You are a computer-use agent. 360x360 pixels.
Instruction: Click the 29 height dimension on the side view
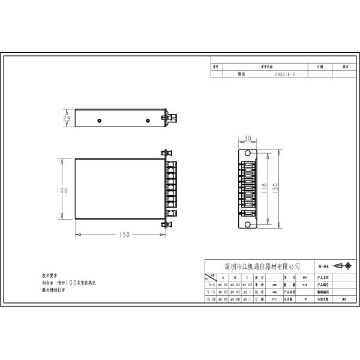pyautogui.click(x=67, y=119)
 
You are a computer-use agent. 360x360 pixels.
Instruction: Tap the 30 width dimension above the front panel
pyautogui.click(x=248, y=139)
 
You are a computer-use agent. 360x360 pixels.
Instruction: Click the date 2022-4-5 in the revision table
pyautogui.click(x=284, y=76)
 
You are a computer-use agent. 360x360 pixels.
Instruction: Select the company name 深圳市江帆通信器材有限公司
pyautogui.click(x=262, y=266)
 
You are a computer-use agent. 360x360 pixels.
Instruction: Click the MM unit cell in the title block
pyautogui.click(x=305, y=278)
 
